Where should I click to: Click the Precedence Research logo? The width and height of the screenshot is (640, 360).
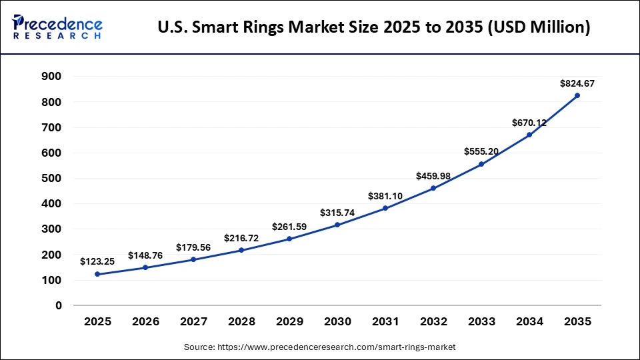tap(57, 27)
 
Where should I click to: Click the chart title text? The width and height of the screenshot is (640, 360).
tap(374, 27)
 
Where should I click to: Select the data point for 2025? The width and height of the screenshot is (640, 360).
tap(97, 274)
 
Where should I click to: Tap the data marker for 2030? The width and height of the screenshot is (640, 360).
tap(337, 225)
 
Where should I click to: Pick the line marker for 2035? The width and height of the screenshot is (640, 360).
tap(577, 95)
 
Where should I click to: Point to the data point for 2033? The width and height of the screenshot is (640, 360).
tap(481, 164)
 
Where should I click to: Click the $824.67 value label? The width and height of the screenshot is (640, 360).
tap(577, 83)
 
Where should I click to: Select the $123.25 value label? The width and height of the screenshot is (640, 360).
tap(97, 262)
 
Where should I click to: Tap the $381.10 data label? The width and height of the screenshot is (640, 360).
tap(385, 196)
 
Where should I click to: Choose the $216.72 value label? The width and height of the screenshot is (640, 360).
tap(241, 237)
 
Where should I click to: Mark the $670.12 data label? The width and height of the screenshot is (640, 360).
tap(529, 123)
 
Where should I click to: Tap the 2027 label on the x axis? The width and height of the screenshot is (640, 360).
tap(193, 321)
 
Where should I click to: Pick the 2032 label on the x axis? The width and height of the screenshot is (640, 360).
tap(433, 321)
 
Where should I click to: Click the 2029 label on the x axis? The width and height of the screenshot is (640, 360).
tap(289, 321)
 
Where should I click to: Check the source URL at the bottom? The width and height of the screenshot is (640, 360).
tap(319, 347)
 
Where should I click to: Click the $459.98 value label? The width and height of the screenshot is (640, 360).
tap(433, 176)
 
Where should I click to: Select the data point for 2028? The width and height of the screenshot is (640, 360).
tap(241, 250)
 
